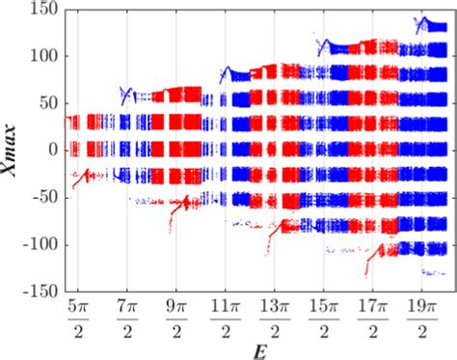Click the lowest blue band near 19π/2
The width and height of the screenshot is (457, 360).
coord(424,248)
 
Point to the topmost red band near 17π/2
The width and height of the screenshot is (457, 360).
coord(378,45)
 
